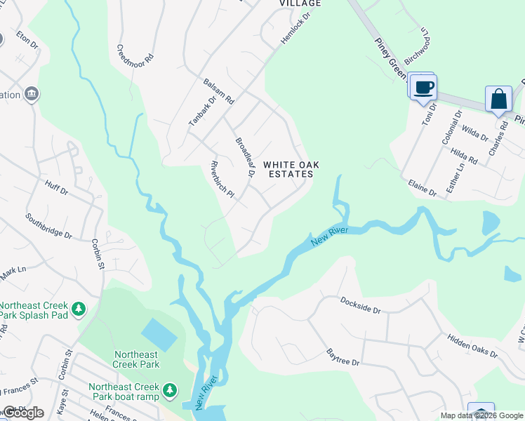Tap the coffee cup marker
click(x=423, y=88)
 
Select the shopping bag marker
click(x=499, y=99)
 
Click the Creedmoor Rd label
click(x=134, y=53)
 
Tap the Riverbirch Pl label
click(x=221, y=180)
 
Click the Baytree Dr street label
click(x=343, y=357)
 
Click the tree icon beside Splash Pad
click(x=80, y=309)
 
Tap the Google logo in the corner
click(x=23, y=413)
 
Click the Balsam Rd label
click(x=218, y=91)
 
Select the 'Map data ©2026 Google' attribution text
click(x=481, y=415)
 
